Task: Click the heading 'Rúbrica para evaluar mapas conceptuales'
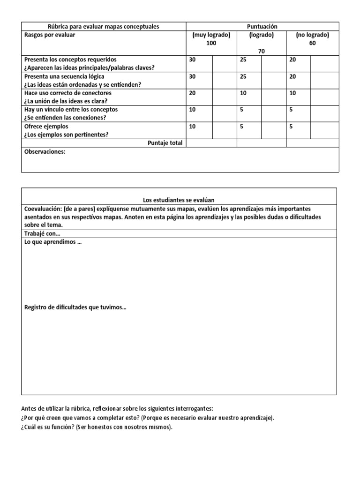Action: [104, 27]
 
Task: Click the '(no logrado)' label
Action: [312, 35]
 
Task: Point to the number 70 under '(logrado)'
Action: [261, 52]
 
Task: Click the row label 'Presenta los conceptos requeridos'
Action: [70, 60]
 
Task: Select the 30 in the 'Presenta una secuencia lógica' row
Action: [193, 76]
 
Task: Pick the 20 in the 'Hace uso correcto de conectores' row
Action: [193, 93]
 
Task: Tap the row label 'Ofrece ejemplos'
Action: [46, 126]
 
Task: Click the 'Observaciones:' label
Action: [45, 152]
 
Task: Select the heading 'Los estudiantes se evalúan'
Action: [179, 200]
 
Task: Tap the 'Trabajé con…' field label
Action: [42, 233]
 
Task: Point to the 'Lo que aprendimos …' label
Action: [52, 242]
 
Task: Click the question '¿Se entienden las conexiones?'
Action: [65, 118]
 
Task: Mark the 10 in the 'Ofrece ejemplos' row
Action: [193, 126]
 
